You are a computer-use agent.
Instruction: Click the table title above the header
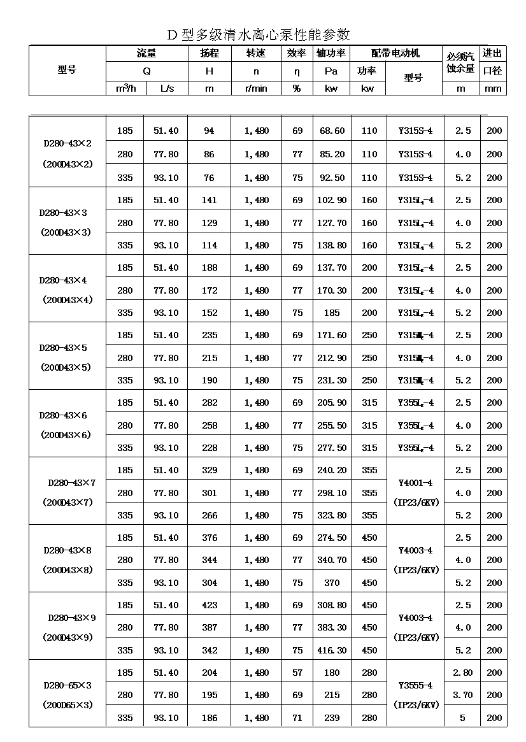click(x=259, y=34)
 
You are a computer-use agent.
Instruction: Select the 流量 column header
click(x=146, y=54)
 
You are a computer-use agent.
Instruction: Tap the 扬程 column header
click(x=210, y=54)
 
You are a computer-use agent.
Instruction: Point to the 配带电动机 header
click(x=395, y=54)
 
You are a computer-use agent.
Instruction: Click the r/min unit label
click(x=256, y=89)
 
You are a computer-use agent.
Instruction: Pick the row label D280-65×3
click(x=68, y=685)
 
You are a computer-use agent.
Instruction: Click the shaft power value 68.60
click(x=332, y=131)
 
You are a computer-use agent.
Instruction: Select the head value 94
click(x=209, y=131)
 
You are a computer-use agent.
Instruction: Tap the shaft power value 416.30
click(x=332, y=650)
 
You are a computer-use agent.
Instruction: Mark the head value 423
click(x=209, y=605)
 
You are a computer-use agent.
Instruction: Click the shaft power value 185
click(x=332, y=313)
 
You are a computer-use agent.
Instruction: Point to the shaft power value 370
click(x=332, y=583)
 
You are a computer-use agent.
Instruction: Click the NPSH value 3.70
click(x=462, y=695)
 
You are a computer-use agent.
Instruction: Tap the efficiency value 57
click(x=297, y=673)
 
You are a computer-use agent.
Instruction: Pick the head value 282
click(x=209, y=403)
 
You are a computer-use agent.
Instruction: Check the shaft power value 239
click(x=332, y=718)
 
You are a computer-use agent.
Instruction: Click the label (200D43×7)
click(x=68, y=503)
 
